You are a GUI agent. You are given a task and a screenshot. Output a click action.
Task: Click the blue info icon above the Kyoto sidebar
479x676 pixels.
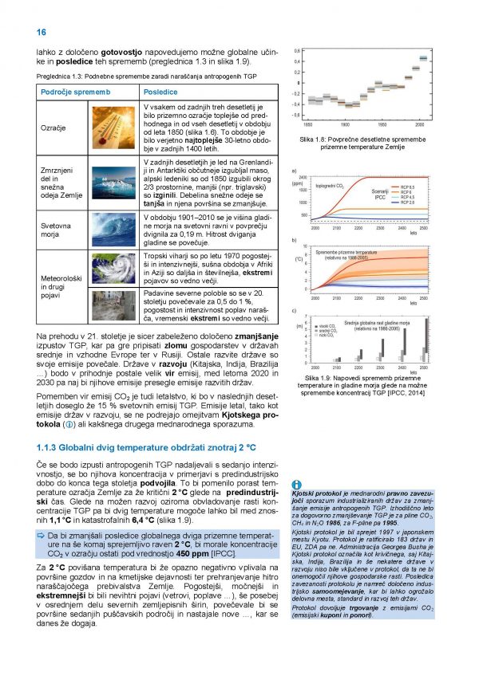coord(297,484)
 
